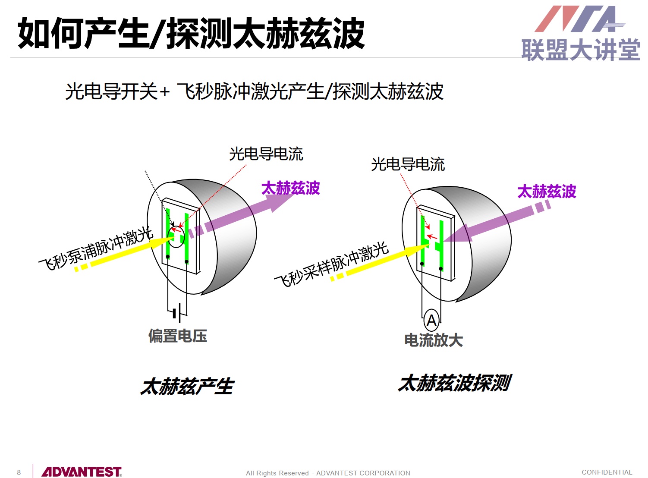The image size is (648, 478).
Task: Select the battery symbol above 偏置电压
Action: coord(177,313)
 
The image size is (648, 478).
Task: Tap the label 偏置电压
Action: coord(178,336)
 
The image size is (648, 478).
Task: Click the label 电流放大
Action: coord(434,340)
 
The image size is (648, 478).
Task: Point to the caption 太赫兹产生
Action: coord(187,386)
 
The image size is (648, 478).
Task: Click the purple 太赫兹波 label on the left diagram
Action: coord(290,188)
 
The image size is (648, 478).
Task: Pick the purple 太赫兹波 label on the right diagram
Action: coord(547,191)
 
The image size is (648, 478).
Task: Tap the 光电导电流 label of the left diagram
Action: coord(266,154)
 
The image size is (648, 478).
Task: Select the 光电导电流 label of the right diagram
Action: coord(408,164)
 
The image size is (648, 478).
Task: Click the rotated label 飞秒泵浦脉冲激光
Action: coord(96,249)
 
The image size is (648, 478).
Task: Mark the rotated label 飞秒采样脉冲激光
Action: coord(331,264)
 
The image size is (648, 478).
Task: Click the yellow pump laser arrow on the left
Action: coord(124,254)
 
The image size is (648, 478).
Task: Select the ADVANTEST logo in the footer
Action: coord(82,472)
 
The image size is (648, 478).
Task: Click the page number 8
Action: coord(19,472)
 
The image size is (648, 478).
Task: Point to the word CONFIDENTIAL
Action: coord(607,472)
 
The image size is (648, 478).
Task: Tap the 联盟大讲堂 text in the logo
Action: coord(581,50)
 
